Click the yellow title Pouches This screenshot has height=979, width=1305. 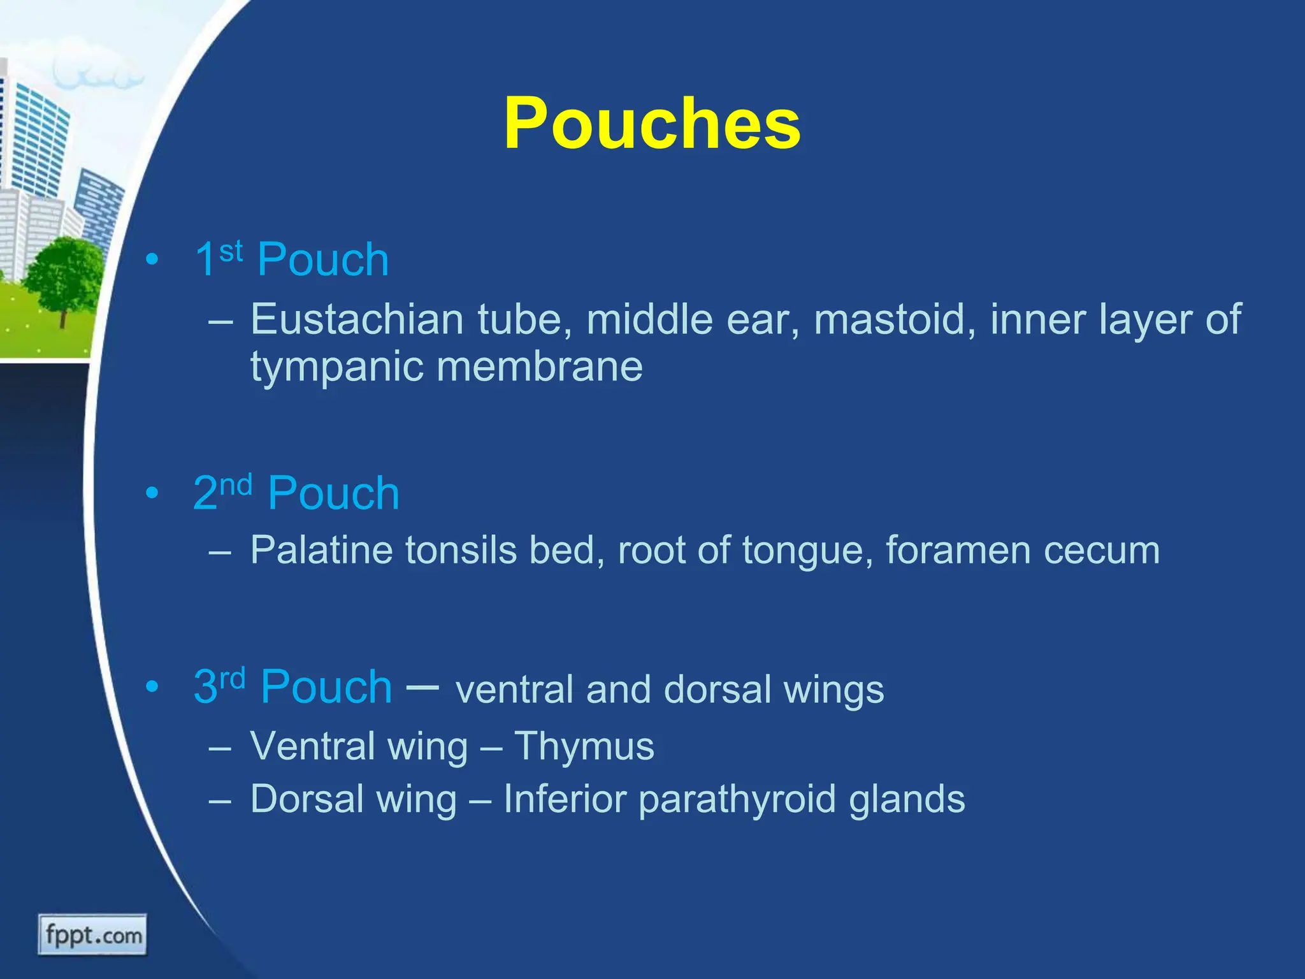(x=651, y=124)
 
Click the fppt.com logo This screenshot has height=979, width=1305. (x=93, y=935)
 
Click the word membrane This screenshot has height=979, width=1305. (x=540, y=367)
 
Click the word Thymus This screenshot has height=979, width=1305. (x=584, y=746)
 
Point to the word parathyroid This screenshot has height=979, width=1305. (x=737, y=800)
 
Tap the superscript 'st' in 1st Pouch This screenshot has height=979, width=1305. (x=231, y=251)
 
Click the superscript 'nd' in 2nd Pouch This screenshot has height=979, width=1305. (x=236, y=485)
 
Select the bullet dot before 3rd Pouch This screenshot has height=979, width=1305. (x=152, y=687)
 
